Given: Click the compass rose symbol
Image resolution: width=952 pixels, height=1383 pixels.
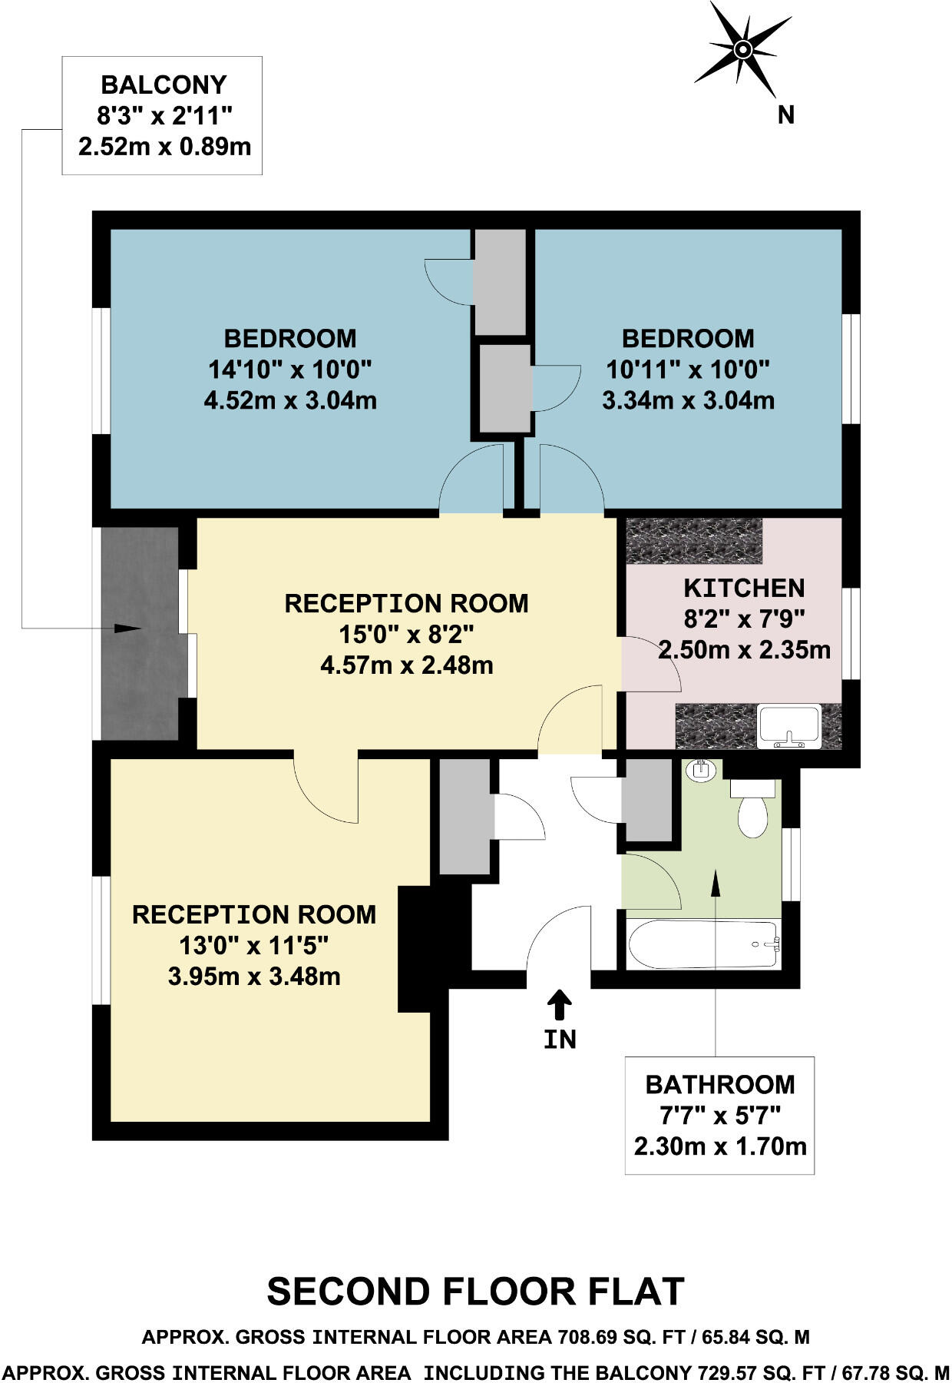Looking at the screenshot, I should (742, 49).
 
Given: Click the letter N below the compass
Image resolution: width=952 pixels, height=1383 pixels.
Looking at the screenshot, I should (785, 115).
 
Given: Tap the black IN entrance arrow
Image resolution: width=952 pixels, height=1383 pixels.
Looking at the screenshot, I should (560, 1004).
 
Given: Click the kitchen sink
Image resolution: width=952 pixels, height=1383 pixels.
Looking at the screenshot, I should (788, 725).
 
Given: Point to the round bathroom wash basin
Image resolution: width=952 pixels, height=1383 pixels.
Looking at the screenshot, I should (701, 770).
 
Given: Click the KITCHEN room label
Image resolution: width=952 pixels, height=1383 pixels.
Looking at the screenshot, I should (744, 588).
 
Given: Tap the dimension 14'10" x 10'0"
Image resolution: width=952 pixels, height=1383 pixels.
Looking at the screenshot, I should (289, 370).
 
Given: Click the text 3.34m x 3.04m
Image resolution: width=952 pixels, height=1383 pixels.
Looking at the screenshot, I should (688, 400).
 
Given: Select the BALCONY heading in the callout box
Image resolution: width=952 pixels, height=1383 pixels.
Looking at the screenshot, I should (164, 85).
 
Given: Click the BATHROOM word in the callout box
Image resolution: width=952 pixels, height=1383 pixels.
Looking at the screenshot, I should (719, 1084).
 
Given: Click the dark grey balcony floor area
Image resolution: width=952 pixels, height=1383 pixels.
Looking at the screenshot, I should (140, 676).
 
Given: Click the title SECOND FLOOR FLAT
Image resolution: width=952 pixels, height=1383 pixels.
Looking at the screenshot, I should (475, 1292).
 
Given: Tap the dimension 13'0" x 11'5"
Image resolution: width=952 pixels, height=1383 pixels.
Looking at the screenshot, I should (253, 945).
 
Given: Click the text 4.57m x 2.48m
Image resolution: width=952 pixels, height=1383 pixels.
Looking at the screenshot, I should (406, 665).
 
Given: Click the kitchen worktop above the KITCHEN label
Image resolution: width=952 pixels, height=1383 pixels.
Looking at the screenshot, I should (694, 541).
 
